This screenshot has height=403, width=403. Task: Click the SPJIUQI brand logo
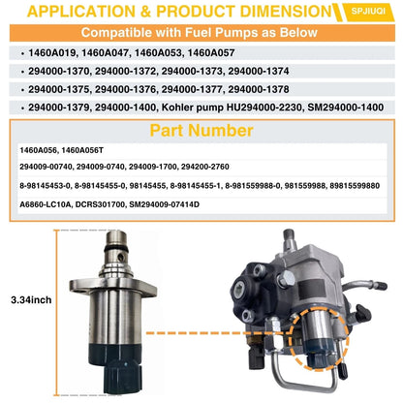[368, 12]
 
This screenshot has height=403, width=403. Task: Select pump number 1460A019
[52, 52]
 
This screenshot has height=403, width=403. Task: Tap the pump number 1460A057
[211, 52]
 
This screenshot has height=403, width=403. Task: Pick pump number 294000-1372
[125, 71]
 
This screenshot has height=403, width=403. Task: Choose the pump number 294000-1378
[259, 89]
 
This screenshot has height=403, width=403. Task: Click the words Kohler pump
[193, 108]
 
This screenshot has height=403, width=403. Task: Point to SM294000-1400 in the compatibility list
[346, 108]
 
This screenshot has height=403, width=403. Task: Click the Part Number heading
[201, 131]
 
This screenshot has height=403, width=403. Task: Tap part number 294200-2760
[205, 167]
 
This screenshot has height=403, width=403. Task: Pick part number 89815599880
[355, 186]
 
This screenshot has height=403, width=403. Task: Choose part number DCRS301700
[100, 204]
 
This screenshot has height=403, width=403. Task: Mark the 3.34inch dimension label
[31, 300]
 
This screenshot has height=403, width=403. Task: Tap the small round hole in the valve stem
[121, 258]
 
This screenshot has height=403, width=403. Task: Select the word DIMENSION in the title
[286, 12]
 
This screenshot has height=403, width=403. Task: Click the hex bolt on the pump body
[286, 278]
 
